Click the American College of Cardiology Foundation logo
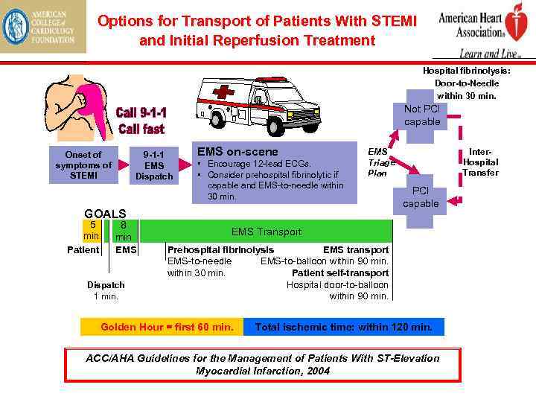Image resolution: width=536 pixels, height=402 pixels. click(43, 28)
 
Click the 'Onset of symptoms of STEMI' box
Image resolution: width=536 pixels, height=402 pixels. click(83, 165)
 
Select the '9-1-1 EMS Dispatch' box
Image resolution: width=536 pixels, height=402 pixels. click(154, 165)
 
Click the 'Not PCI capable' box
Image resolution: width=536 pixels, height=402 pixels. click(422, 115)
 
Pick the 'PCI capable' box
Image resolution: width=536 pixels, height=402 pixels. click(421, 197)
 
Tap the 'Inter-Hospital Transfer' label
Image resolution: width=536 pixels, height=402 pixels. click(480, 162)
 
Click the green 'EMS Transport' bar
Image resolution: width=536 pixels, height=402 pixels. click(266, 232)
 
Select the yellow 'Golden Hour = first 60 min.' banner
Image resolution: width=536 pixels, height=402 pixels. click(167, 327)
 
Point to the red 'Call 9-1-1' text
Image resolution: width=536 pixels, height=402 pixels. click(141, 113)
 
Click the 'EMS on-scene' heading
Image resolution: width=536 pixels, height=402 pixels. click(237, 151)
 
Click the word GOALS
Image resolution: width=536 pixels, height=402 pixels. click(105, 212)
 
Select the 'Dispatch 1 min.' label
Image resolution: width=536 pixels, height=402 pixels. click(106, 290)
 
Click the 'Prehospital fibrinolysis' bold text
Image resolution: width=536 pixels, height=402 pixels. click(220, 250)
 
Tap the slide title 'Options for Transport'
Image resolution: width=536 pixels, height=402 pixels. click(257, 30)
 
